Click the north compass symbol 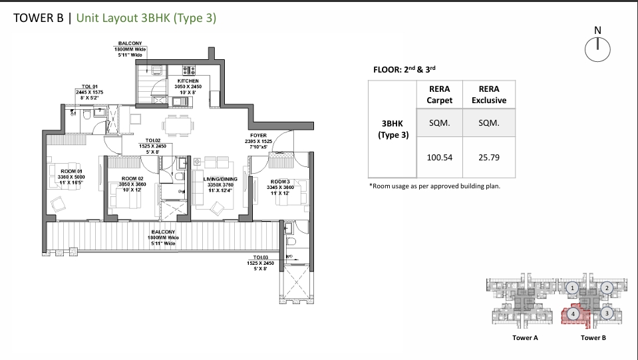[x=597, y=47]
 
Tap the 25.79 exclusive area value [x=488, y=158]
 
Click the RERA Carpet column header [x=439, y=94]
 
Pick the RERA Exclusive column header [x=488, y=94]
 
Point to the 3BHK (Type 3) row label [x=392, y=129]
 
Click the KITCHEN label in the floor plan [x=188, y=81]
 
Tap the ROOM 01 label [x=71, y=172]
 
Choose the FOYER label [x=258, y=136]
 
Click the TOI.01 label [x=90, y=87]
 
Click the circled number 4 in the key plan [x=573, y=313]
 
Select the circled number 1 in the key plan [x=573, y=288]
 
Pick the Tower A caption [x=525, y=338]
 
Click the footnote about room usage [x=434, y=186]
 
